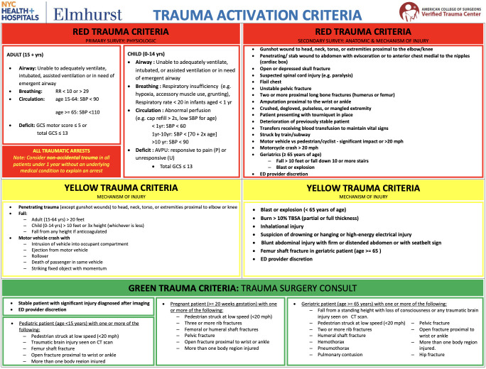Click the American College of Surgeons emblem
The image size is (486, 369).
pyautogui.click(x=409, y=12)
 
